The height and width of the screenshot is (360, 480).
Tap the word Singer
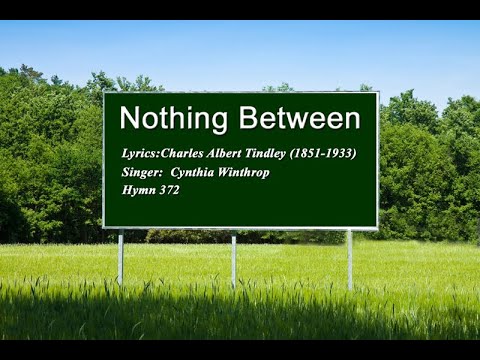click(140, 172)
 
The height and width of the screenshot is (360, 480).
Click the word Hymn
click(136, 190)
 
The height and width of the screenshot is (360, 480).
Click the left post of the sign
click(120, 258)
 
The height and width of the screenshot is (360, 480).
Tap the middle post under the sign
click(233, 260)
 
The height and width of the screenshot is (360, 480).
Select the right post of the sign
click(349, 258)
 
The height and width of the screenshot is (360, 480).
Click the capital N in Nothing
click(128, 119)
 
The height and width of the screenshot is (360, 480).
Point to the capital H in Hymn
click(125, 190)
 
